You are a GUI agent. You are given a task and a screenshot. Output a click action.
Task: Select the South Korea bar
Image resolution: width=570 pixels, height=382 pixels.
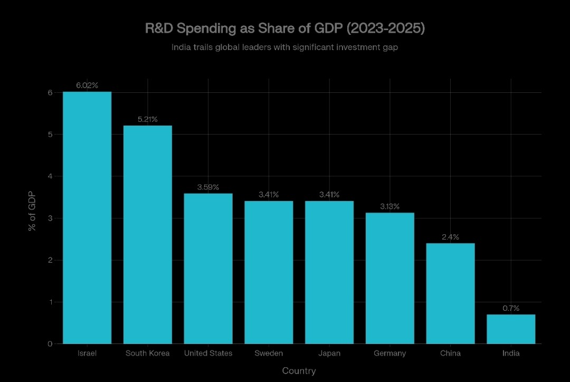click(148, 235)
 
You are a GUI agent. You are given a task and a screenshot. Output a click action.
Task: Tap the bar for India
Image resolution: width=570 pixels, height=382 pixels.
click(511, 329)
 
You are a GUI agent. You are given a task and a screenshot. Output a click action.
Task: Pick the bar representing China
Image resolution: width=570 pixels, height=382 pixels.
click(450, 293)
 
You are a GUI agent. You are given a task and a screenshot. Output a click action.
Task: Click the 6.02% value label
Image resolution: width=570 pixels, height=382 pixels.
click(87, 85)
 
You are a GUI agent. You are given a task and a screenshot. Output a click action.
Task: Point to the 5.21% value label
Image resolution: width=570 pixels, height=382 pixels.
click(148, 119)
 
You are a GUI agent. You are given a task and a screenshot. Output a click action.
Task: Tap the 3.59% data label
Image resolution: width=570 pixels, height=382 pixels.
click(208, 187)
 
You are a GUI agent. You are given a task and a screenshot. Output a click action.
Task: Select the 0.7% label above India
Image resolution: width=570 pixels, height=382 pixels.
click(511, 308)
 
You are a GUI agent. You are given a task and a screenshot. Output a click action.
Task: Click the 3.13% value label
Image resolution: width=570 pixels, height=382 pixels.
click(390, 206)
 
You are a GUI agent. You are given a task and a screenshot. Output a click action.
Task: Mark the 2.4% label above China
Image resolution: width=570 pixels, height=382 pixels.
click(450, 237)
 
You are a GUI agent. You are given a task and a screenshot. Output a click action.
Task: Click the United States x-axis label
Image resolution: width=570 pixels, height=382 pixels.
click(208, 353)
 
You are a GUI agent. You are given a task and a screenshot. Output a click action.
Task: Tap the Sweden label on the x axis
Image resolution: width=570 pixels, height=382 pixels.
click(269, 353)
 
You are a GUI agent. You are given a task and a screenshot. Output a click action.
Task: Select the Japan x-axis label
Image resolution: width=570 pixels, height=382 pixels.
click(329, 353)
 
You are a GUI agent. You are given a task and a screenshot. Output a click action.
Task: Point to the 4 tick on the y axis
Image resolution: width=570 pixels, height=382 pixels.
click(50, 176)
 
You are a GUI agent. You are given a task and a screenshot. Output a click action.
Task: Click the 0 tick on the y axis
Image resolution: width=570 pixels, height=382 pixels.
click(50, 344)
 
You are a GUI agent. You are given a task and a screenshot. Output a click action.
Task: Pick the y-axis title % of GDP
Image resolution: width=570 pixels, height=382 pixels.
click(32, 211)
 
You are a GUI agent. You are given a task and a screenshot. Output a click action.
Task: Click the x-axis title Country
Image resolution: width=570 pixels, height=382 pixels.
click(299, 371)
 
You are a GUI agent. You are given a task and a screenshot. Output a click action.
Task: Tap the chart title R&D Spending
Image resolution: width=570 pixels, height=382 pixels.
click(285, 28)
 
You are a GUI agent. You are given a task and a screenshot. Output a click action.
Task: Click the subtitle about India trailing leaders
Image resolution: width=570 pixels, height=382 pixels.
click(285, 47)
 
